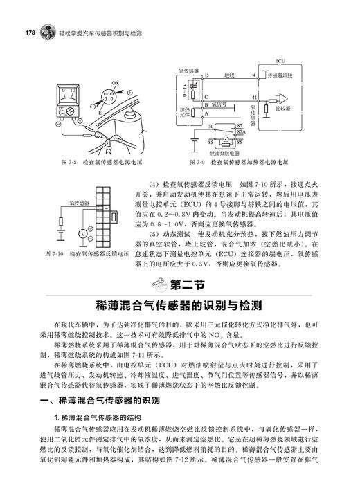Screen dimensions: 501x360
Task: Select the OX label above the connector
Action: coord(116,82)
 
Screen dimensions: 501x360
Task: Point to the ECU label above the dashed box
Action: coord(280,60)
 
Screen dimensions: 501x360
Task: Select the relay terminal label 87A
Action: coord(241,132)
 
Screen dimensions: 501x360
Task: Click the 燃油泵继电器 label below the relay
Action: coord(223,151)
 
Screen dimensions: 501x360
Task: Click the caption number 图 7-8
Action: coord(66,164)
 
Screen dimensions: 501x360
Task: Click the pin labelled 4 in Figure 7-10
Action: coord(106,208)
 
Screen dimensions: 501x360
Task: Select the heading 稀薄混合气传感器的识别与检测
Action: coord(180,305)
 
